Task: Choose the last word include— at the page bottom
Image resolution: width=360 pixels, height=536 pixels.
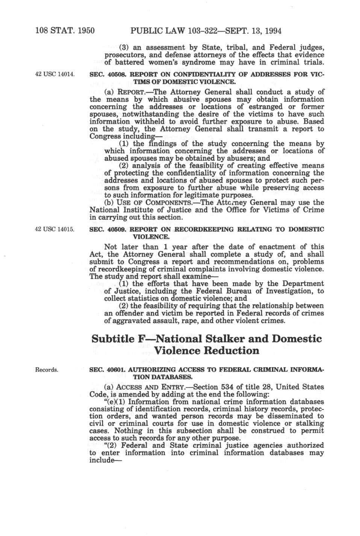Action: (101, 460)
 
